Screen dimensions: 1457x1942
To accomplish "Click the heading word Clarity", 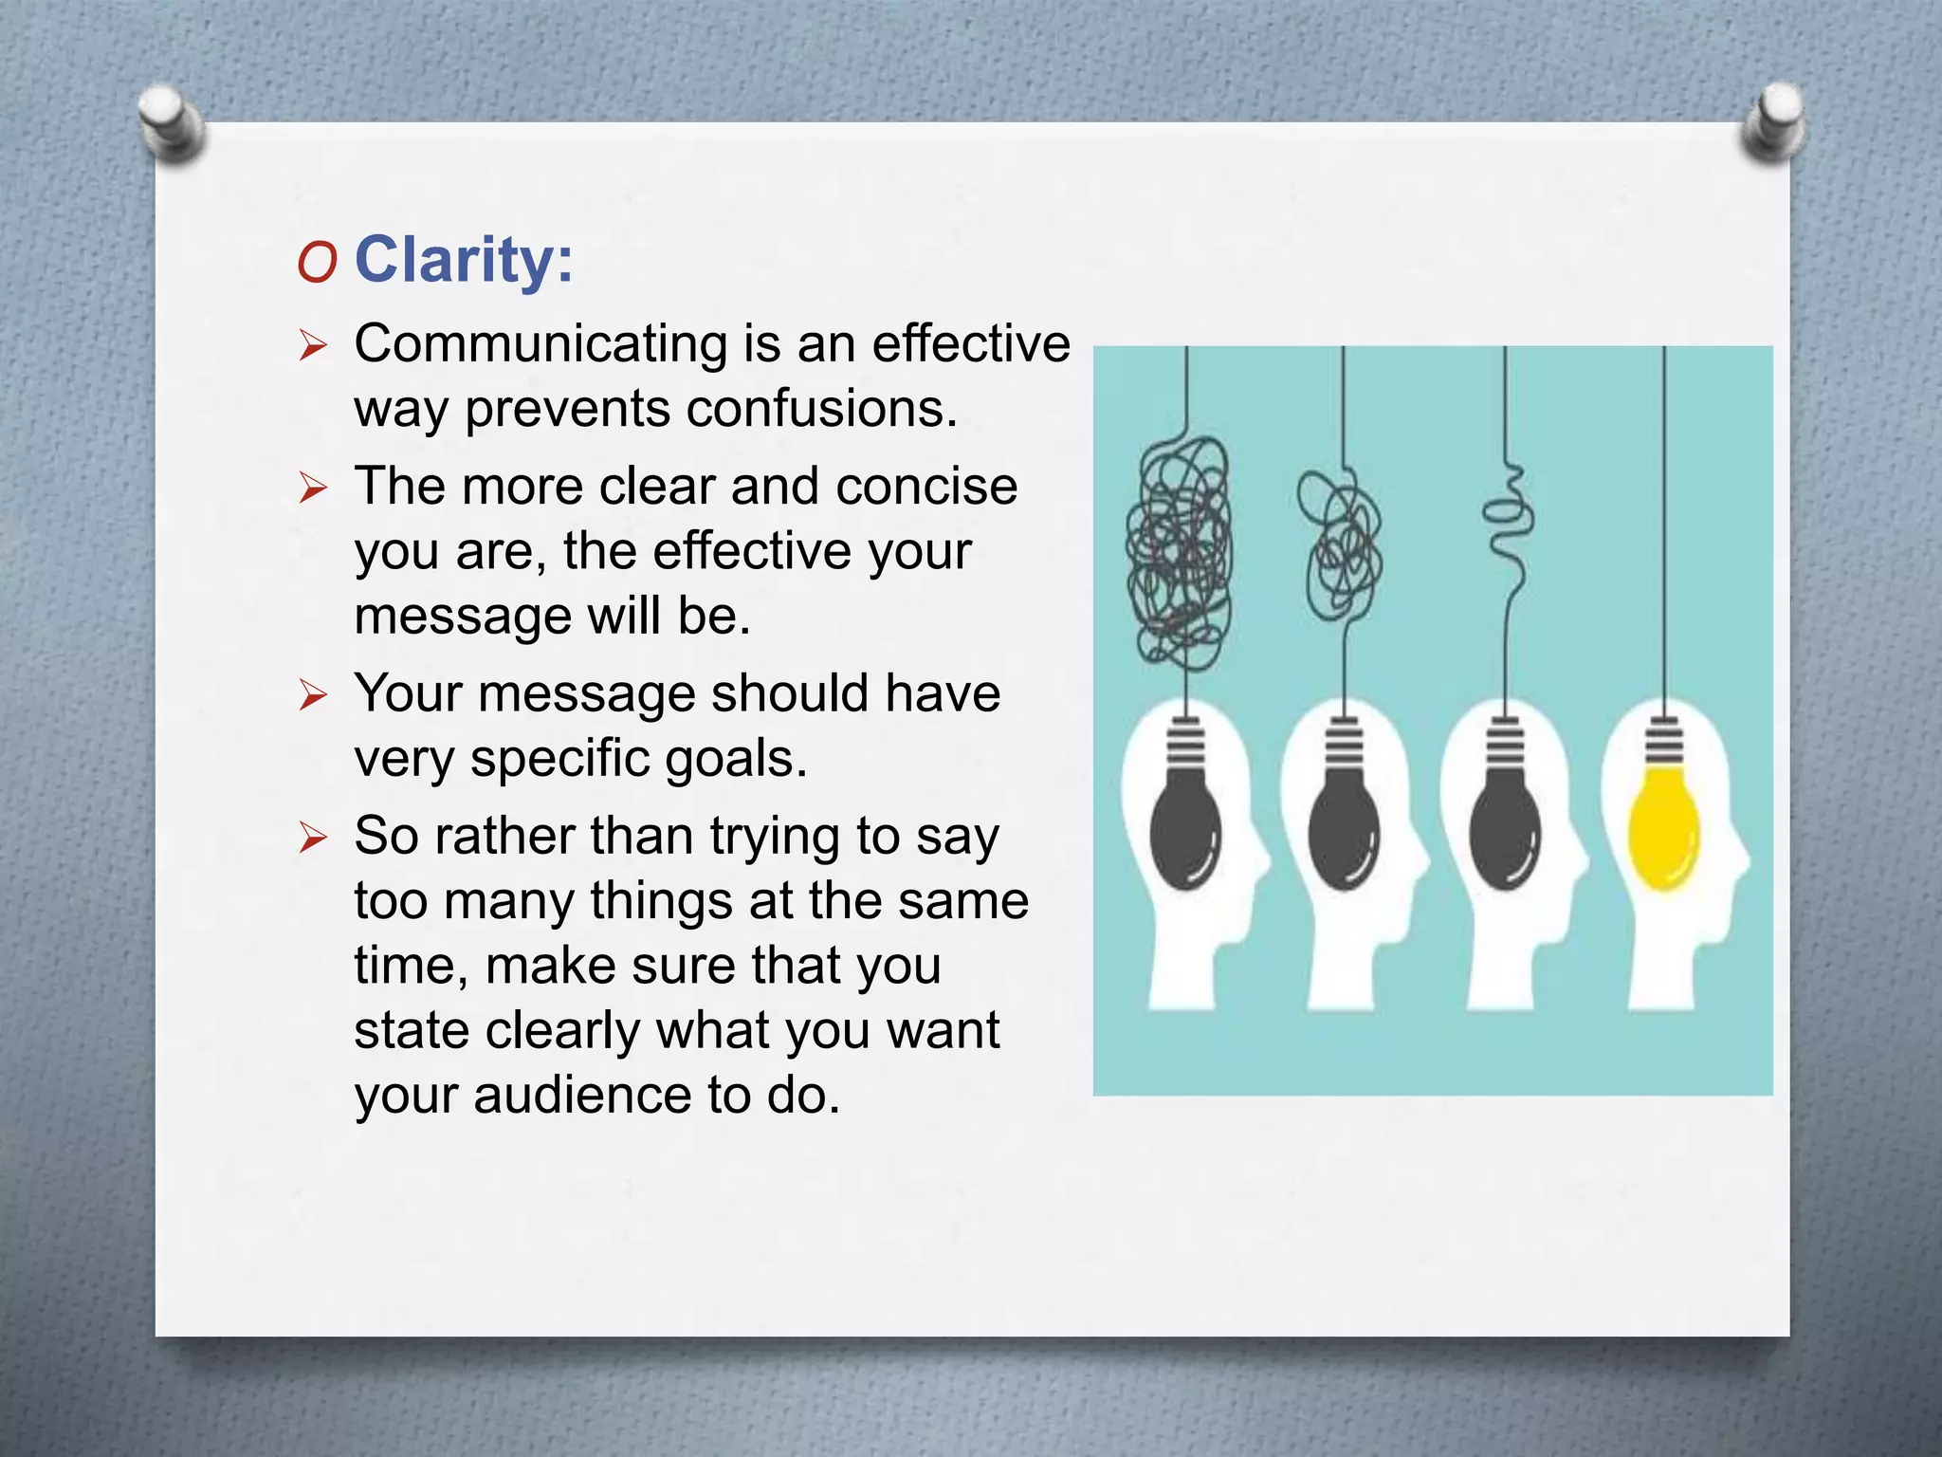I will [x=463, y=259].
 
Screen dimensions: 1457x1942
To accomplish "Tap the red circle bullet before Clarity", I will [x=316, y=263].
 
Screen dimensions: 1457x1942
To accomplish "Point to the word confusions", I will [x=821, y=409].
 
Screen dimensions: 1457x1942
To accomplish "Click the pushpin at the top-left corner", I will [x=171, y=123].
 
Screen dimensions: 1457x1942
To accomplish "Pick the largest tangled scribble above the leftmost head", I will [x=1179, y=550].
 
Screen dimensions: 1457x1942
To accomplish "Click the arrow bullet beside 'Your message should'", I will [x=313, y=695].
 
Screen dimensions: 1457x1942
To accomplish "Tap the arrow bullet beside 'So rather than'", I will [x=313, y=838].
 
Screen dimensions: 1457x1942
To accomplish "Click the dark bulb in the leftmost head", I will [x=1185, y=830].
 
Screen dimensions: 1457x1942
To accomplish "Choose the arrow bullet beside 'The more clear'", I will [x=313, y=489].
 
